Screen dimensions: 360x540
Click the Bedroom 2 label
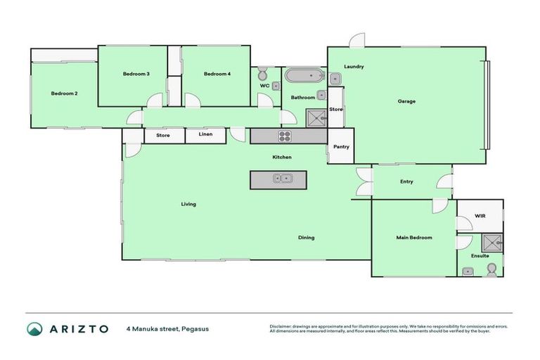[64, 94]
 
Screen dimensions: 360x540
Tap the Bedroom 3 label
[136, 74]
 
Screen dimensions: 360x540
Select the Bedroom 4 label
[217, 74]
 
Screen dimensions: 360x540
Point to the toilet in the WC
[262, 74]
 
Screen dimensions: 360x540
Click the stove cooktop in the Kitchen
[285, 136]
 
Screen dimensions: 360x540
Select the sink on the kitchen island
[282, 179]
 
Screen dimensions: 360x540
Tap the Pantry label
[341, 147]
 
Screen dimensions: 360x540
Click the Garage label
[406, 101]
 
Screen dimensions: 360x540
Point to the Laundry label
[354, 67]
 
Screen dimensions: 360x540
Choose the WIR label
[480, 216]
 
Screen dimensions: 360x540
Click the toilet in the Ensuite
[491, 269]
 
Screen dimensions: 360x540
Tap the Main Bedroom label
[414, 238]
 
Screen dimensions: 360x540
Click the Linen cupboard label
[205, 134]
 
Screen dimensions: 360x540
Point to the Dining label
[306, 238]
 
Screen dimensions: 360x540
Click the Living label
[188, 204]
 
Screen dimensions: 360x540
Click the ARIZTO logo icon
[34, 329]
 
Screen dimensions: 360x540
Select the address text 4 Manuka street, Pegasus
[167, 328]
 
